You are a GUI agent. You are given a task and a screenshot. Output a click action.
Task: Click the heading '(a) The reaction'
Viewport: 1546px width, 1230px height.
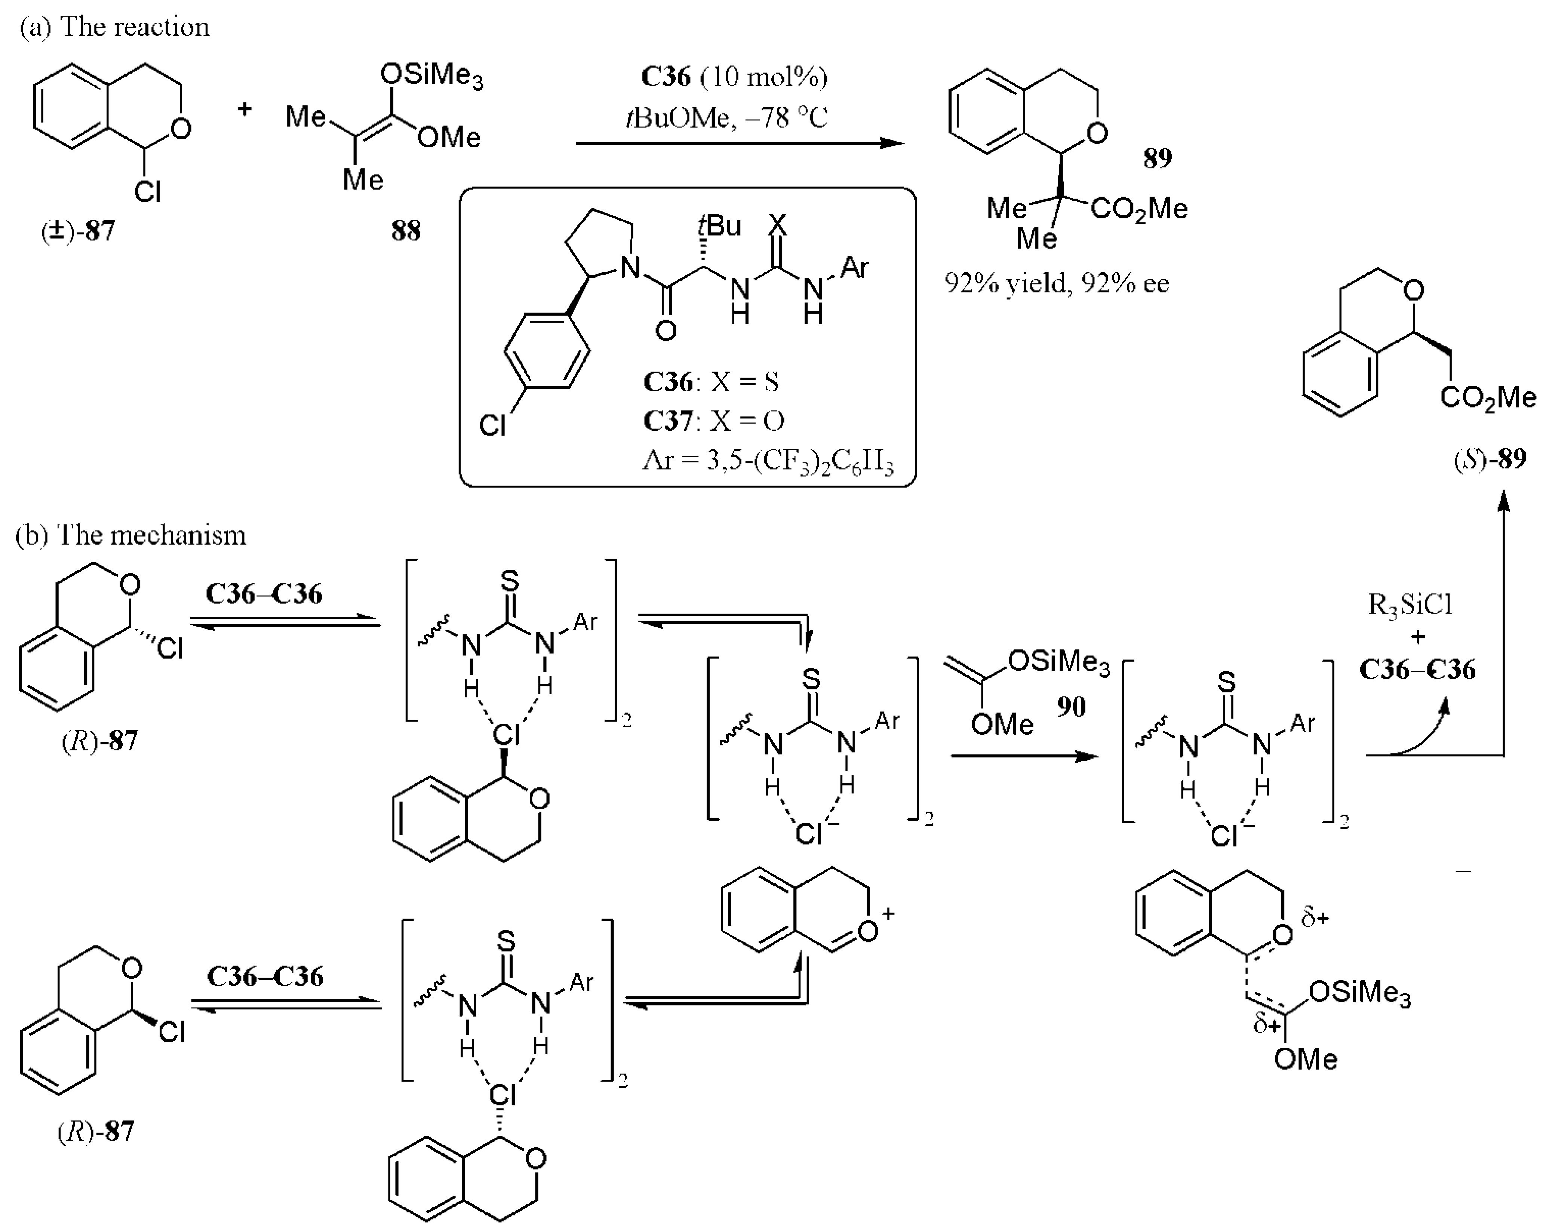[x=115, y=27]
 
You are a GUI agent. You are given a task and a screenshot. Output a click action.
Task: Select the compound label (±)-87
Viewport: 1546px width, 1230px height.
[x=77, y=231]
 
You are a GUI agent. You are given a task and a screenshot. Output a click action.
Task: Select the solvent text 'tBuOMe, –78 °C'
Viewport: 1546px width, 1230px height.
[x=726, y=117]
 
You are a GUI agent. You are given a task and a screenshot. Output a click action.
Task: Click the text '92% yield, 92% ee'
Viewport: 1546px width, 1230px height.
[x=1056, y=283]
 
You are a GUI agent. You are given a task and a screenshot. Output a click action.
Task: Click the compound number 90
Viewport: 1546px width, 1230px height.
[x=1071, y=707]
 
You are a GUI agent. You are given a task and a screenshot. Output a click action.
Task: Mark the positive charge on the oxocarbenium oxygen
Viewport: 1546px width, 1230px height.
[x=889, y=913]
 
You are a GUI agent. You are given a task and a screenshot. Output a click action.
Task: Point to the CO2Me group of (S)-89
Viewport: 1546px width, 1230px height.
[x=1488, y=397]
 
